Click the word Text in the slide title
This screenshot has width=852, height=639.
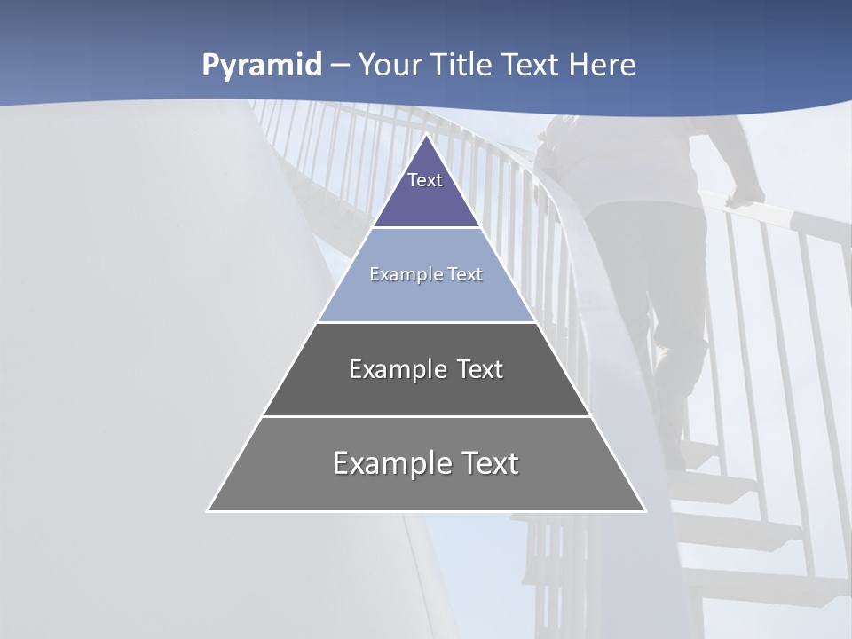click(x=531, y=66)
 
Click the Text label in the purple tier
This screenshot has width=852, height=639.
click(x=425, y=180)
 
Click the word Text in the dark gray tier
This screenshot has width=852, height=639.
click(x=480, y=369)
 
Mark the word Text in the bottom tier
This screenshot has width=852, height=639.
click(x=490, y=463)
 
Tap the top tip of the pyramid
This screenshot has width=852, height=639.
click(x=427, y=135)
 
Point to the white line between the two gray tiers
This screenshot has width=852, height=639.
click(x=426, y=416)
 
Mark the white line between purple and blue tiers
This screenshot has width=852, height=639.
click(x=426, y=228)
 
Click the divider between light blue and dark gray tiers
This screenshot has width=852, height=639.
click(x=426, y=322)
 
